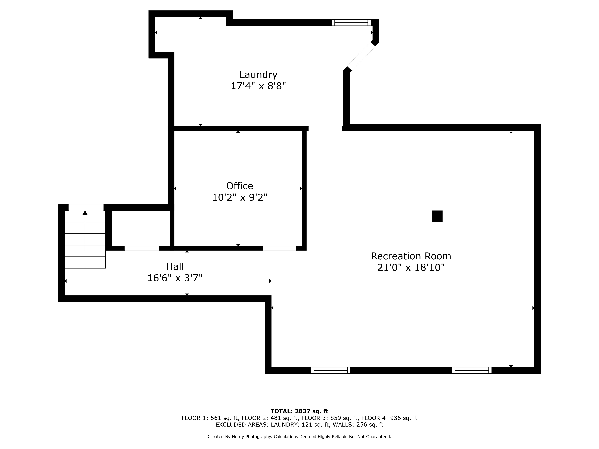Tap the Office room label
(240, 186)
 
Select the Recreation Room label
(411, 256)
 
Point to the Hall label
(175, 267)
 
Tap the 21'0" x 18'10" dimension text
(411, 268)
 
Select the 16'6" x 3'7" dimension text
(175, 278)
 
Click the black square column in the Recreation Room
(437, 216)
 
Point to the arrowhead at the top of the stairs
(85, 213)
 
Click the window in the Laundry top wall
(351, 22)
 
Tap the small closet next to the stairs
(141, 228)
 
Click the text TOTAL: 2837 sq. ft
(299, 411)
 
